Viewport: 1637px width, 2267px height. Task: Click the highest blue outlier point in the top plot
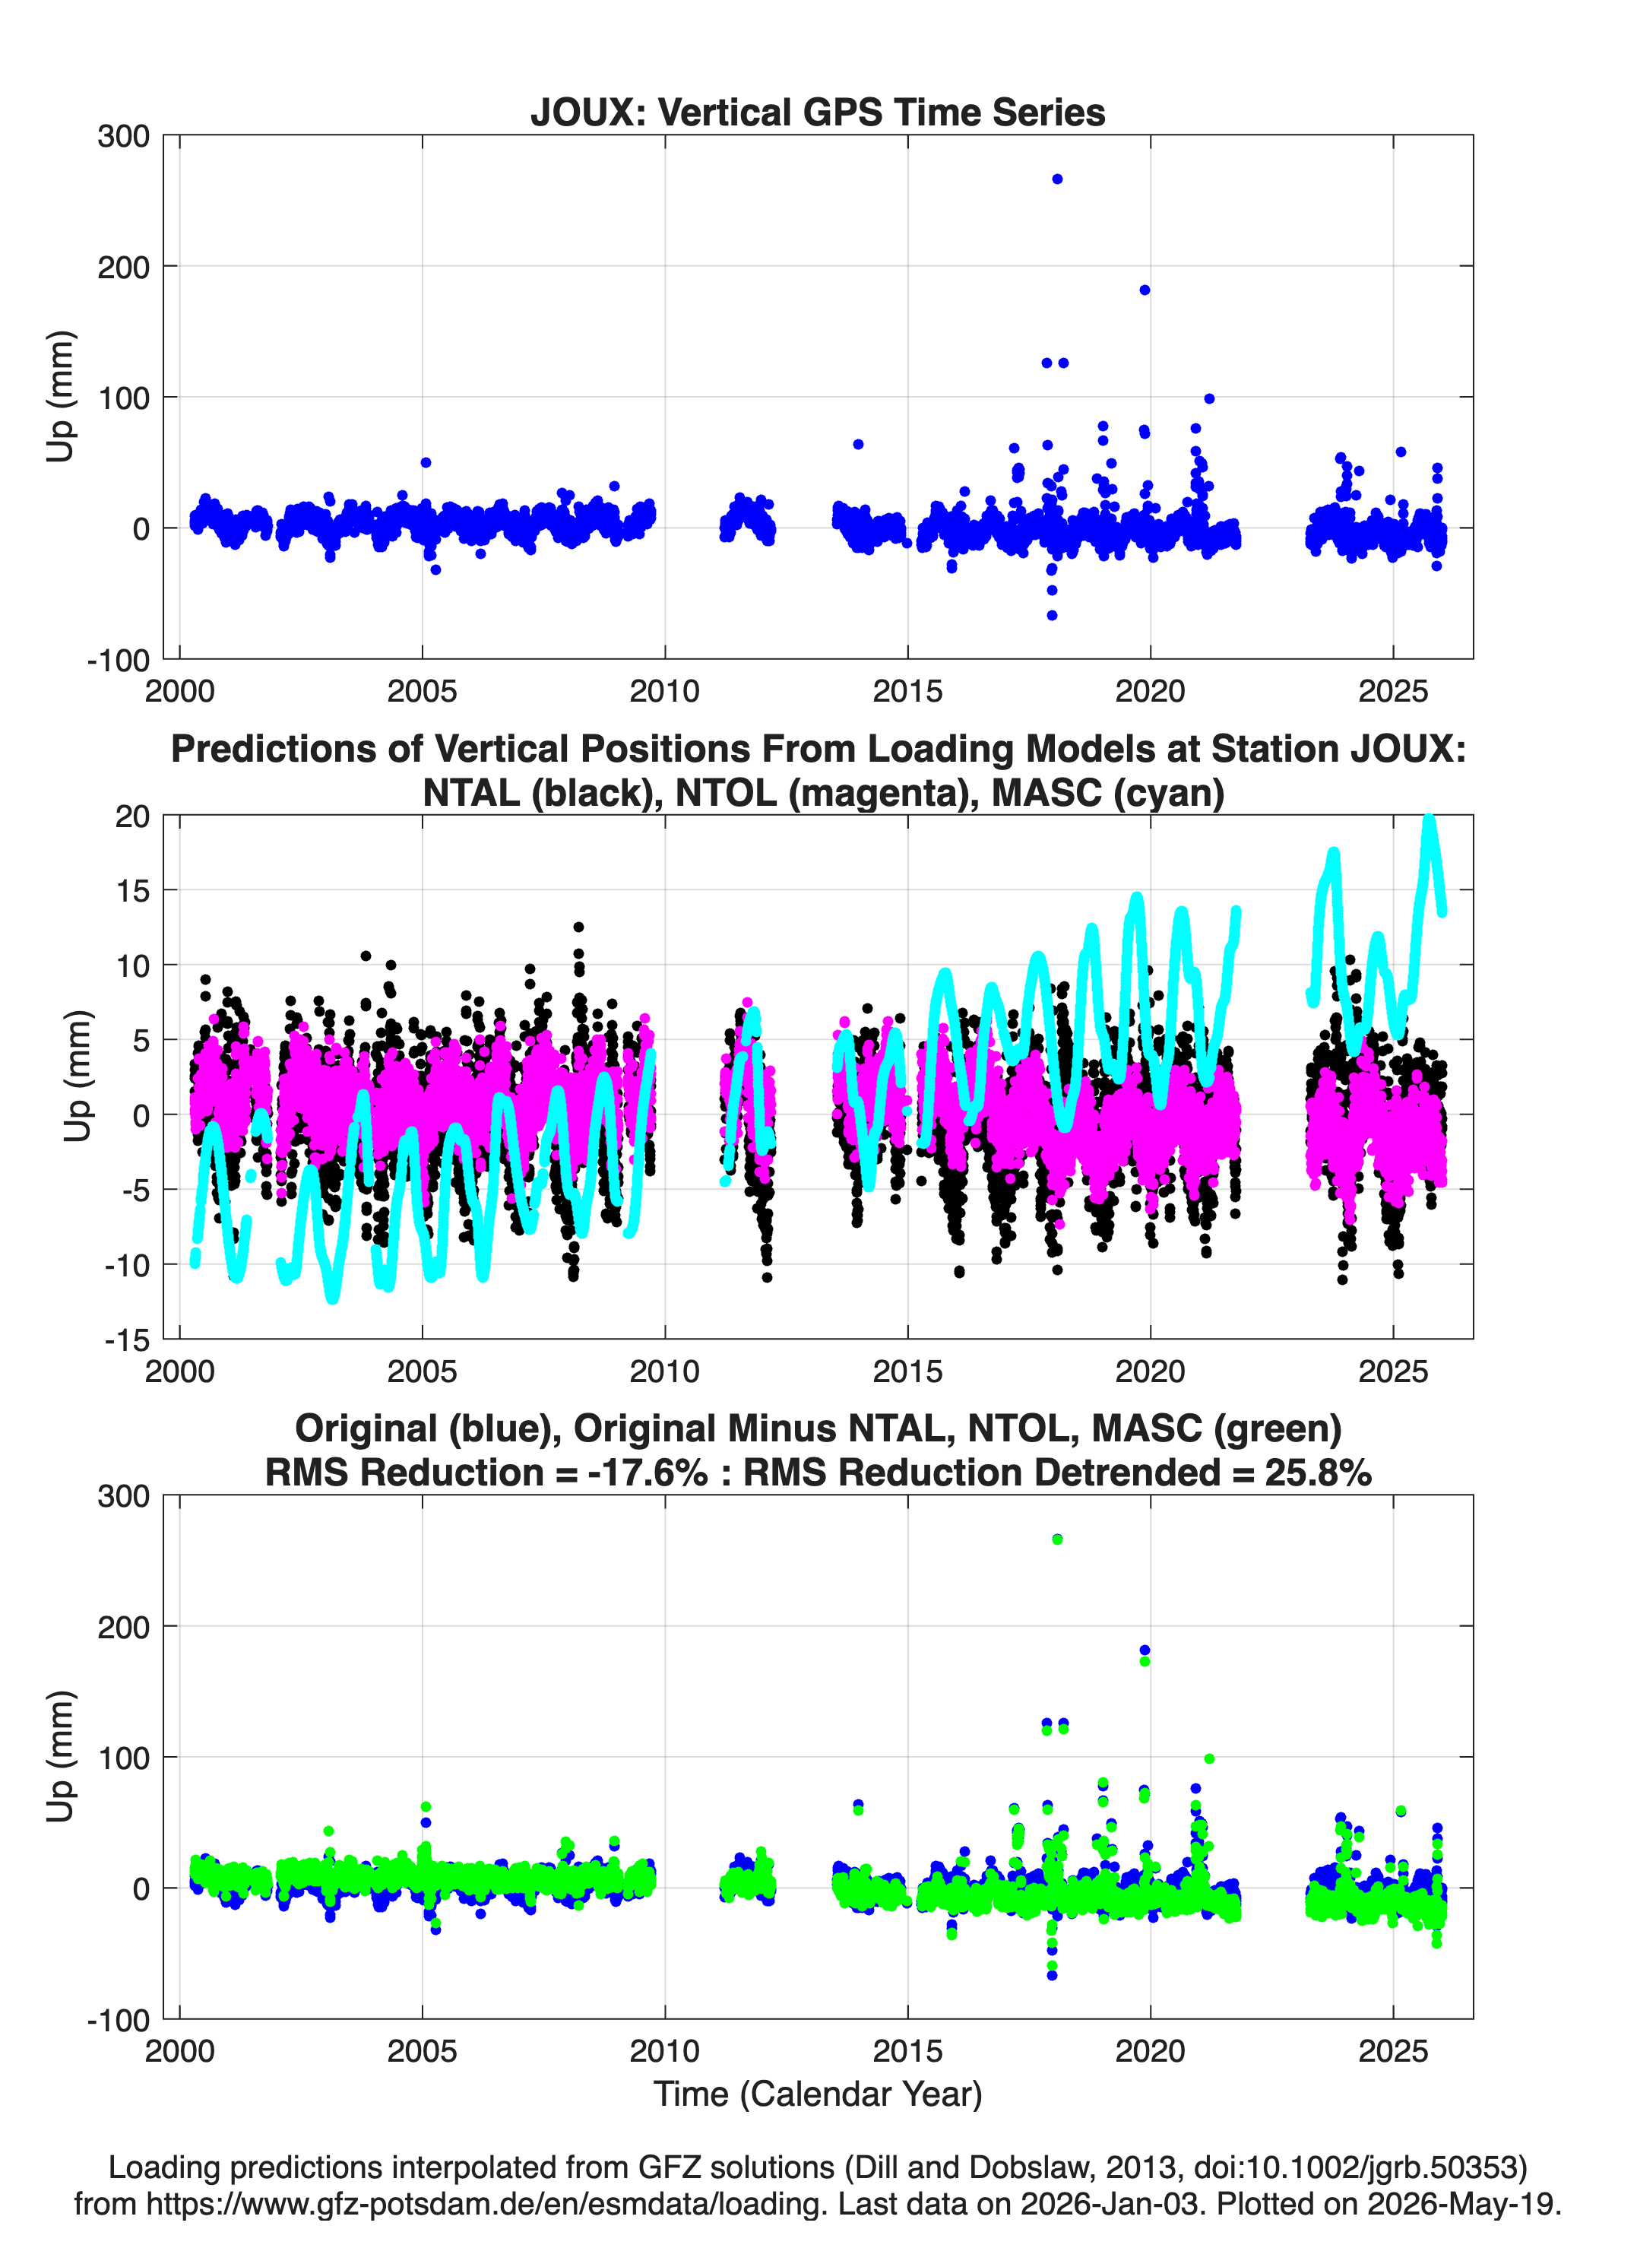pyautogui.click(x=1057, y=179)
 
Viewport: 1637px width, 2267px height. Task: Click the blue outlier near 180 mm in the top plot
pyautogui.click(x=1145, y=290)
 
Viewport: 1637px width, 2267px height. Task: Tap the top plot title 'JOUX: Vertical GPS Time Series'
pyautogui.click(x=818, y=112)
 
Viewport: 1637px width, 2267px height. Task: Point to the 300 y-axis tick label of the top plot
pyautogui.click(x=123, y=136)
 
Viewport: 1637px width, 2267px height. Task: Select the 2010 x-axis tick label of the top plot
pyautogui.click(x=664, y=691)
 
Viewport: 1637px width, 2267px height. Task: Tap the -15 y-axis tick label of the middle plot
pyautogui.click(x=127, y=1340)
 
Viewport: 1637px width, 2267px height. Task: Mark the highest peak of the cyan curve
pyautogui.click(x=1429, y=820)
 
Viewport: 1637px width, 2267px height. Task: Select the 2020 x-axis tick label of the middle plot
pyautogui.click(x=1151, y=1371)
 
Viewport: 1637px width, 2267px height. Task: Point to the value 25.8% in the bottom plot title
pyautogui.click(x=1319, y=1473)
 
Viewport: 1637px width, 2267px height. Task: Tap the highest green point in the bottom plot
pyautogui.click(x=1057, y=1539)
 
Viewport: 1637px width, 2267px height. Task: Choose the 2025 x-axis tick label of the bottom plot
pyautogui.click(x=1393, y=2051)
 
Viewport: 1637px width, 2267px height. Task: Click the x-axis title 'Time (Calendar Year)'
pyautogui.click(x=818, y=2094)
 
